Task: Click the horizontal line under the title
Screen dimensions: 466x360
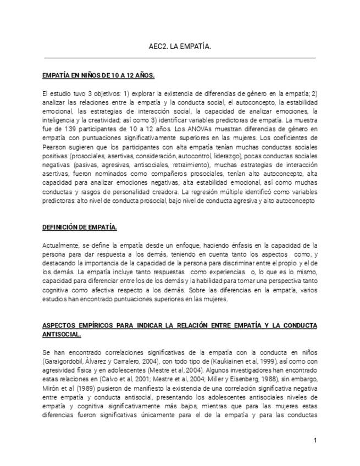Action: click(x=180, y=58)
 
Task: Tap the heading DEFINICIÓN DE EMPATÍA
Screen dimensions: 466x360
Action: click(x=80, y=227)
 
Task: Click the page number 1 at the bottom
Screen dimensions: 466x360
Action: click(x=315, y=440)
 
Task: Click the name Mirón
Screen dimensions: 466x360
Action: click(x=52, y=388)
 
